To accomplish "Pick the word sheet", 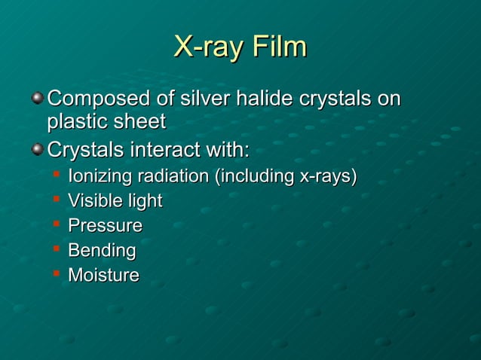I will pyautogui.click(x=141, y=121).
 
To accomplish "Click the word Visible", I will pyautogui.click(x=94, y=201).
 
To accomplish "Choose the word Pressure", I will pyautogui.click(x=105, y=226).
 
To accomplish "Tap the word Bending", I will pyautogui.click(x=102, y=250).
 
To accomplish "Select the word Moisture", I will pyautogui.click(x=103, y=275).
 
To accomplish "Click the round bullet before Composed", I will pyautogui.click(x=37, y=98).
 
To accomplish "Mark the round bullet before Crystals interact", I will pyautogui.click(x=37, y=149).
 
